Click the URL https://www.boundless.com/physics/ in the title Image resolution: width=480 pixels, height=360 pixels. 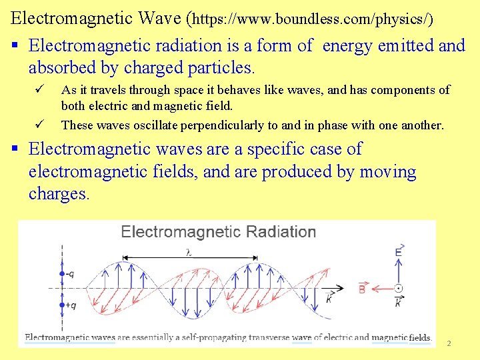click(312, 19)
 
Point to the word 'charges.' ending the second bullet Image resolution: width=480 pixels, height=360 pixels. click(59, 194)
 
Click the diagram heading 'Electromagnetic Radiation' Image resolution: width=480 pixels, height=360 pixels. click(218, 232)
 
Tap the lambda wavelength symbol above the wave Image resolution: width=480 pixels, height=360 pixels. click(189, 253)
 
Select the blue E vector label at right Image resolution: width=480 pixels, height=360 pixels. click(399, 251)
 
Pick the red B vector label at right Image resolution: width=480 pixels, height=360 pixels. click(363, 289)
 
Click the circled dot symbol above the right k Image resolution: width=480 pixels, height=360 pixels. click(399, 289)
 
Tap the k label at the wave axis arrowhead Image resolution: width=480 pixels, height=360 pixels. click(329, 299)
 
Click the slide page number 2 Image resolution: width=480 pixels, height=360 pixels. click(449, 343)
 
